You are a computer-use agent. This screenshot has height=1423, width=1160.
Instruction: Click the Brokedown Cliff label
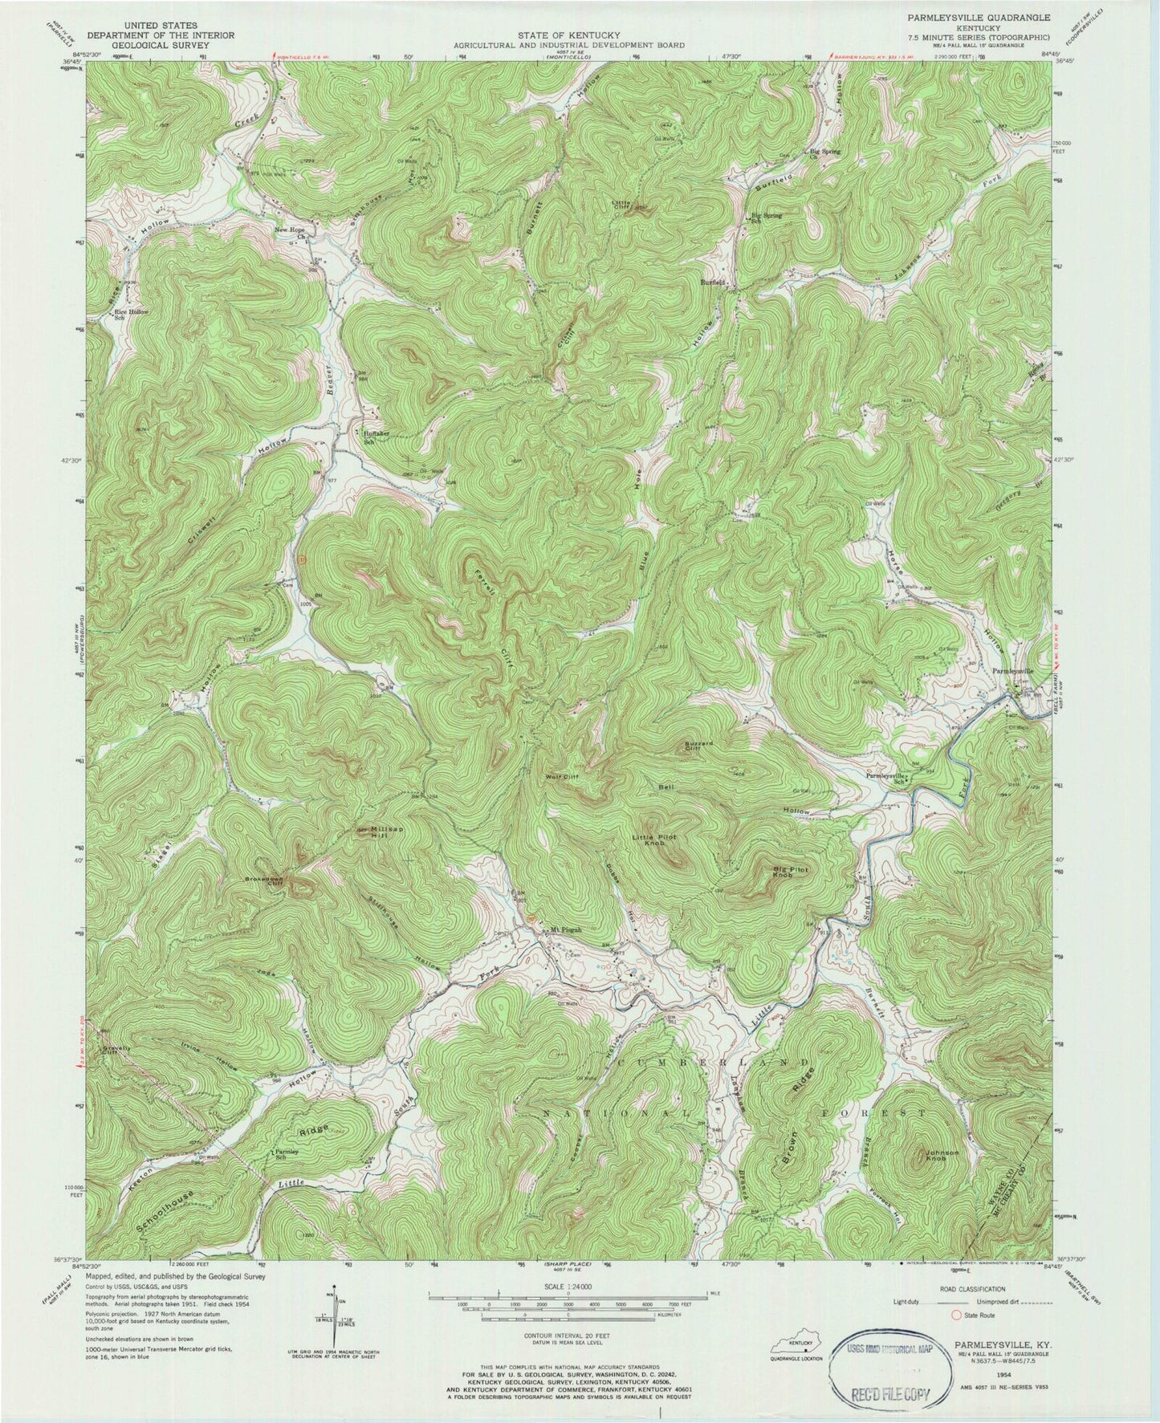click(x=269, y=879)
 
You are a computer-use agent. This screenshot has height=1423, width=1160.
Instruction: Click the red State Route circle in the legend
click(x=955, y=1315)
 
